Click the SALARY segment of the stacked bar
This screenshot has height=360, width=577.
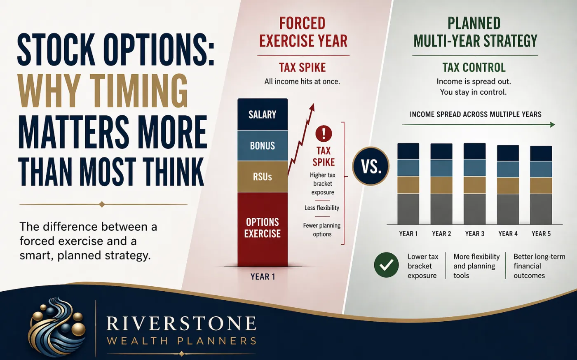point(263,115)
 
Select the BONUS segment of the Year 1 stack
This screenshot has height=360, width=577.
point(263,146)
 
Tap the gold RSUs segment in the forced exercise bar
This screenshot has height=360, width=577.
point(263,177)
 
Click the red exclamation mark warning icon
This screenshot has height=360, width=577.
point(324,133)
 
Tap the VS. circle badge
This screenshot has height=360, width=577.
point(371,166)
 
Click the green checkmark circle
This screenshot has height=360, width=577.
point(387,265)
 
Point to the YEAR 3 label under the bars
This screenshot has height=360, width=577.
point(475,234)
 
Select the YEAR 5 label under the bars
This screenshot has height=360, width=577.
point(541,234)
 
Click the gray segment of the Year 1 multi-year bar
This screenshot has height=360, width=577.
point(408,209)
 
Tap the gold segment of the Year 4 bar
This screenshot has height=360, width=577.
point(508,186)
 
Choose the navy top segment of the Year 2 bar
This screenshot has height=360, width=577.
point(441,152)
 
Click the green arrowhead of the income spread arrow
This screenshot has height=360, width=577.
point(552,125)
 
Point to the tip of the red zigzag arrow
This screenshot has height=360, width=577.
point(314,104)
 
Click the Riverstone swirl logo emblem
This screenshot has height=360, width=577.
point(57,325)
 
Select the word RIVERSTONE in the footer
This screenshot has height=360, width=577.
point(181,323)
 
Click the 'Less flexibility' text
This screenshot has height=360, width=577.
point(322,208)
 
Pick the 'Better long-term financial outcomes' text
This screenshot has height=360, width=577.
point(539,266)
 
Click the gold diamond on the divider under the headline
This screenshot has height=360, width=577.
point(102,204)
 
